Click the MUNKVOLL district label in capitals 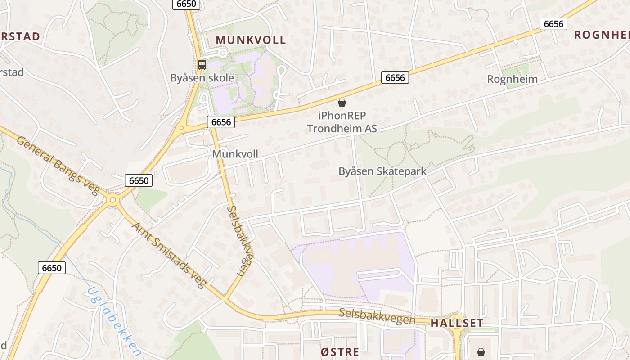click(x=251, y=40)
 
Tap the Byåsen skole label click(x=202, y=78)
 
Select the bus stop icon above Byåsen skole click(x=202, y=65)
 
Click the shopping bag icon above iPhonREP click(x=342, y=103)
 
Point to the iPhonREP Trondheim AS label click(x=342, y=122)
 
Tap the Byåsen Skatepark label click(x=382, y=171)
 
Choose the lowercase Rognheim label click(x=513, y=80)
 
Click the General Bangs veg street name click(x=58, y=165)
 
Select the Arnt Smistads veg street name click(x=169, y=254)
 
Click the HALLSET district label click(x=457, y=323)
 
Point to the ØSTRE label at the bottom click(x=340, y=352)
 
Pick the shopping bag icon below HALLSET click(x=481, y=351)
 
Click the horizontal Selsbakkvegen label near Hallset click(x=377, y=316)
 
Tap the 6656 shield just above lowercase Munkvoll click(x=221, y=121)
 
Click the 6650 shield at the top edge click(x=186, y=4)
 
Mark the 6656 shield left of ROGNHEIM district click(x=553, y=24)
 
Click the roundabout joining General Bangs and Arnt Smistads click(x=112, y=199)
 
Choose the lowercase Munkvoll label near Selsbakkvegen click(x=235, y=154)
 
